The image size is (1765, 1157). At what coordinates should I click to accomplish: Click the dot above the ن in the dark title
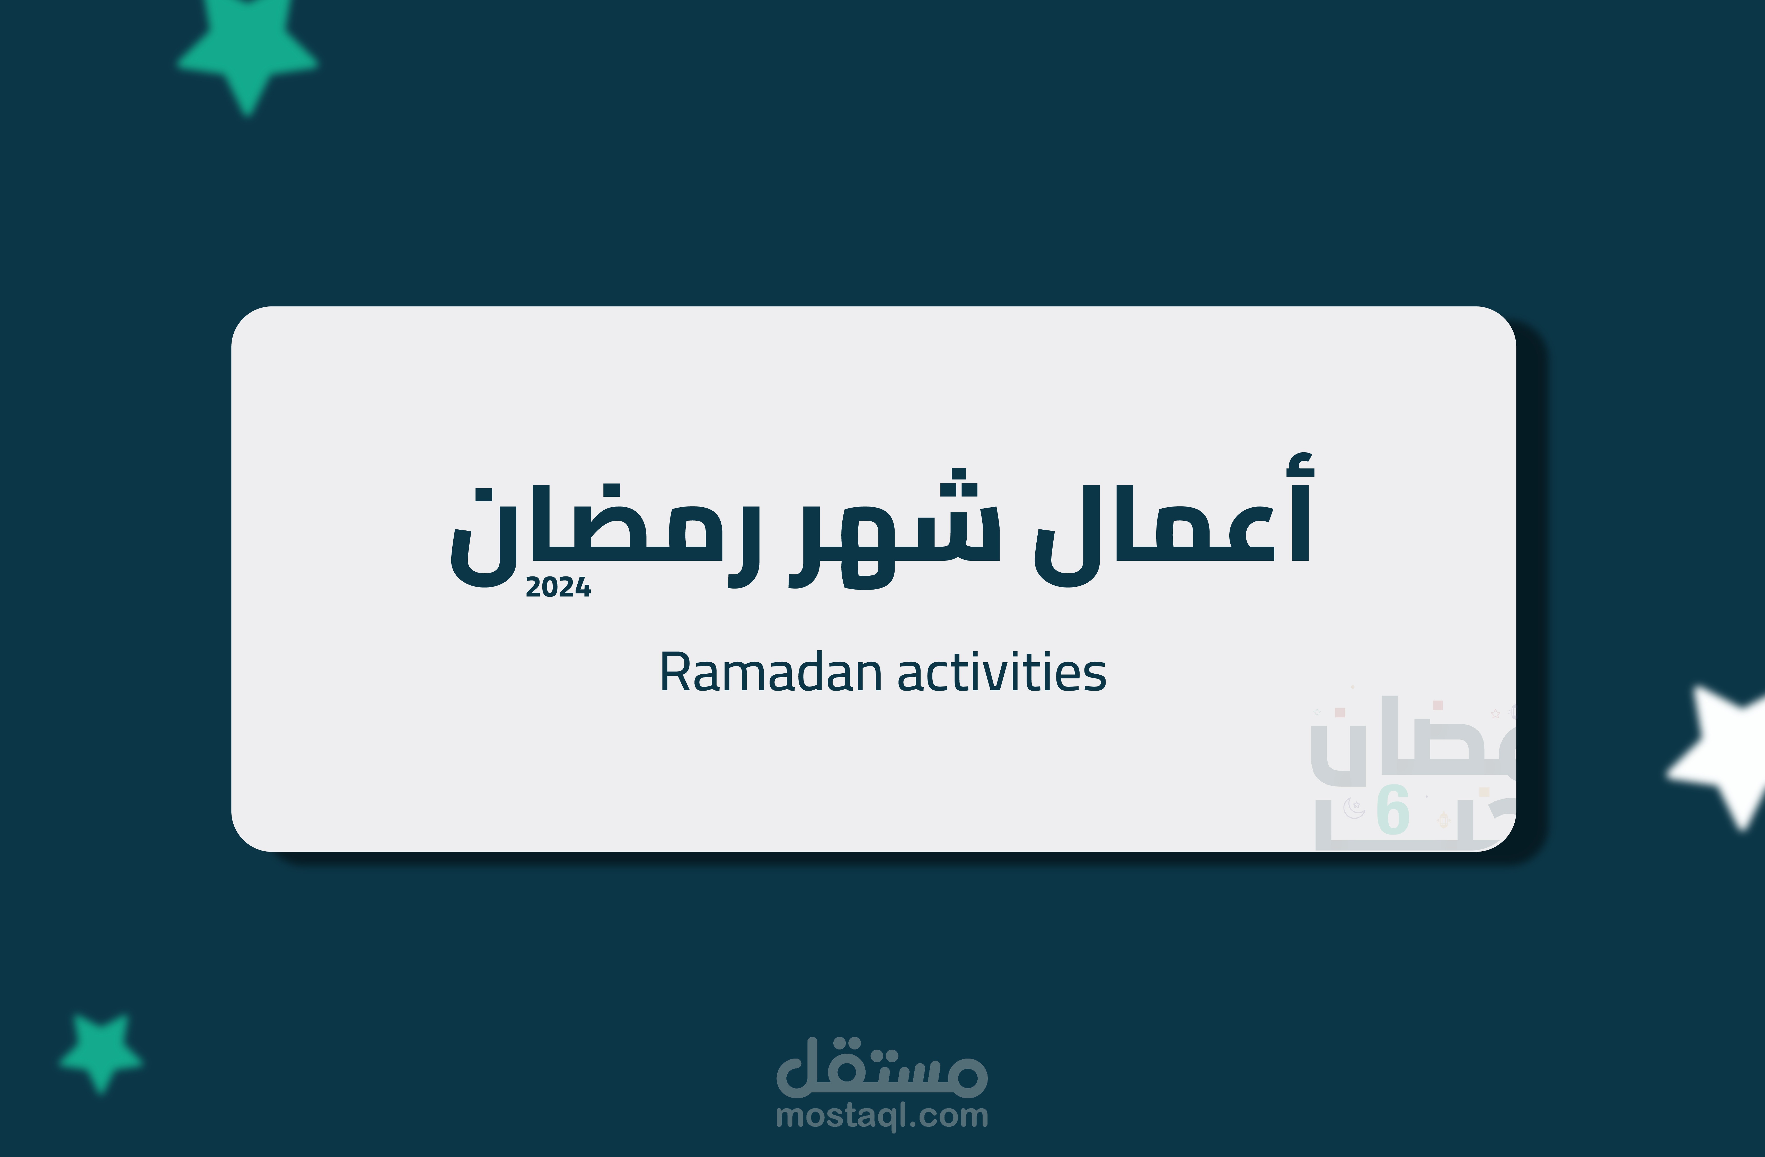[x=483, y=495]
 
